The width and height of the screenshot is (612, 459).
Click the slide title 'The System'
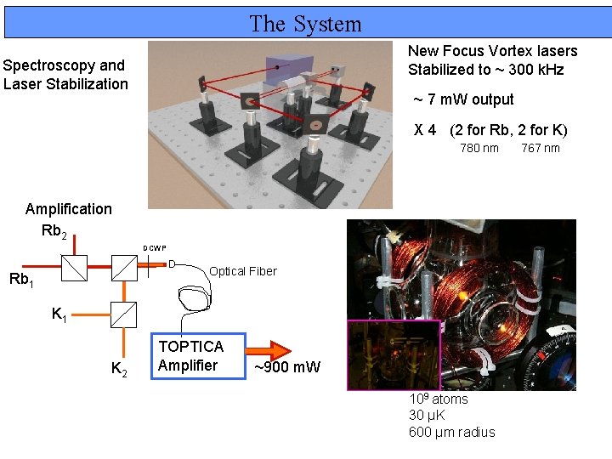305,24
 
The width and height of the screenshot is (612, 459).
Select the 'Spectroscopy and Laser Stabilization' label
65,74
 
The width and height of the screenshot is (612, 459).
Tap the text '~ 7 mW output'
463,99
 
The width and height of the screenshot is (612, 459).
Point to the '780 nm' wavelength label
479,149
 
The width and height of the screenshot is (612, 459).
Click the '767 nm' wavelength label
541,149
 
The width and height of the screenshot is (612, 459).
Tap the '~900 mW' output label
287,368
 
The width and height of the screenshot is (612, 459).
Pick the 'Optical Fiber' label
242,271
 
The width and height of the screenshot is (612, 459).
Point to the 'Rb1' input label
21,279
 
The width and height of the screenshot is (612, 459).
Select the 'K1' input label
59,315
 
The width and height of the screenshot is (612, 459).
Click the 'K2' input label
120,368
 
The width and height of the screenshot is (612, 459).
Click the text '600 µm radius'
451,432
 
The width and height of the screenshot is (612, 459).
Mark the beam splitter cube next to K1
124,315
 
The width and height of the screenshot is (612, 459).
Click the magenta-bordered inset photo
393,354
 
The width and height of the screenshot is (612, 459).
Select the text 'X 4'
425,130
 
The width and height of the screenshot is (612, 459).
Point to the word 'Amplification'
69,209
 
